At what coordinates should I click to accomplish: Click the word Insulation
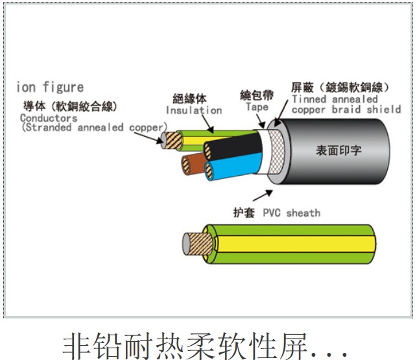pyautogui.click(x=193, y=110)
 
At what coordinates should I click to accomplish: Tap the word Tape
pyautogui.click(x=257, y=107)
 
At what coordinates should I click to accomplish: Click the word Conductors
pyautogui.click(x=48, y=118)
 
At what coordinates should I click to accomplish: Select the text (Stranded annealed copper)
pyautogui.click(x=90, y=128)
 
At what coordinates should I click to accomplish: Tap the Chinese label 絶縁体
pyautogui.click(x=189, y=99)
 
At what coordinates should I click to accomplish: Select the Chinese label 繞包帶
pyautogui.click(x=256, y=95)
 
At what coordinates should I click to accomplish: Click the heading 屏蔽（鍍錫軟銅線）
pyautogui.click(x=340, y=88)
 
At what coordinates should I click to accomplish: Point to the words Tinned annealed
pyautogui.click(x=334, y=99)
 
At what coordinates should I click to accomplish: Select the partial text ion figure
pyautogui.click(x=51, y=87)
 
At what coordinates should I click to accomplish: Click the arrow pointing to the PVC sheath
pyautogui.click(x=262, y=194)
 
